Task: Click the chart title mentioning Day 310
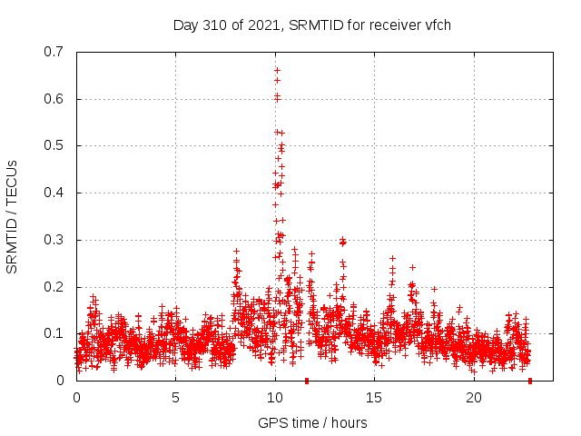[x=312, y=25]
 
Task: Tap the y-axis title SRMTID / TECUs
[x=12, y=216]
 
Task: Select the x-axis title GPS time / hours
[x=312, y=422]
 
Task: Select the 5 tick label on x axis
[x=176, y=398]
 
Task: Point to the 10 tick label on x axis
[x=275, y=398]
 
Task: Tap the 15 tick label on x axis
[x=375, y=398]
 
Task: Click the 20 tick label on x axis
[x=474, y=398]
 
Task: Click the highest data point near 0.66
[x=277, y=70]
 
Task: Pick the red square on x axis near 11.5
[x=306, y=381]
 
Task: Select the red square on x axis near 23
[x=529, y=381]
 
